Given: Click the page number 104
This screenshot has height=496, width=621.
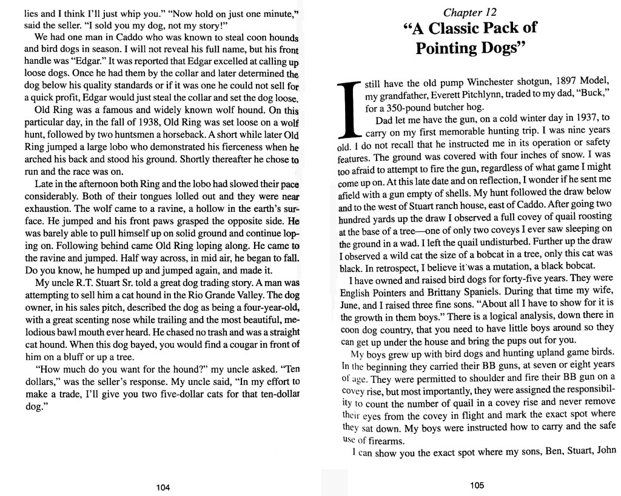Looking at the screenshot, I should pos(163,487).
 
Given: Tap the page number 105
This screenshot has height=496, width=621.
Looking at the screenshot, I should pos(476,486).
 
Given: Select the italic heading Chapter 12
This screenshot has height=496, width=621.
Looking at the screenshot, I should pos(471,12).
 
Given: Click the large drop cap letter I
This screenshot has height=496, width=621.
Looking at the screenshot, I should pos(348,109).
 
